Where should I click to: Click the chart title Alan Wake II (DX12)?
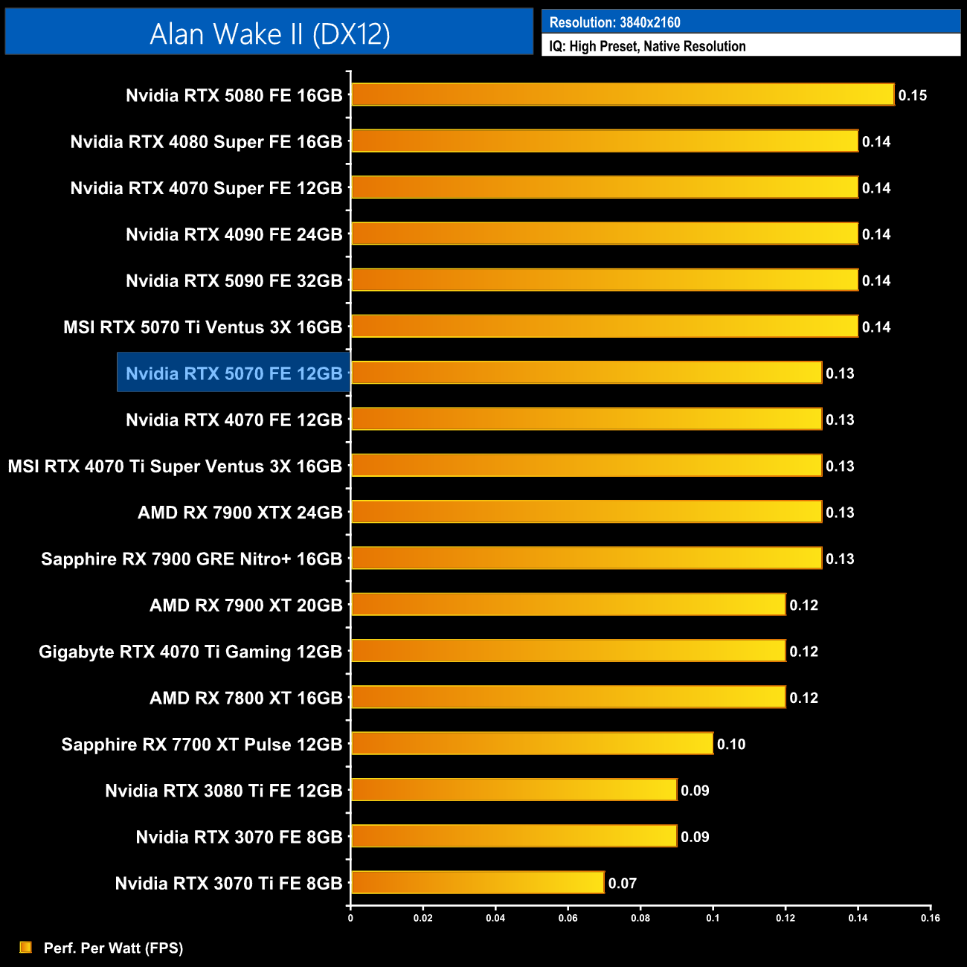[269, 33]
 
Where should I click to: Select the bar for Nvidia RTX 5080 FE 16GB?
[623, 94]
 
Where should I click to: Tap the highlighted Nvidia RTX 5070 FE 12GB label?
[234, 373]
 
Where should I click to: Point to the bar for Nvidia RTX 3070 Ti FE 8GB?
[478, 883]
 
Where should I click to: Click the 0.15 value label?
[912, 95]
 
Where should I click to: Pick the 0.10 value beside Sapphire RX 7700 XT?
[730, 745]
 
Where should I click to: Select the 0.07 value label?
[622, 884]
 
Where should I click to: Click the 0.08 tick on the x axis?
[640, 918]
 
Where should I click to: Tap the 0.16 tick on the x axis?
[930, 918]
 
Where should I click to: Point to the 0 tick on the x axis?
[350, 918]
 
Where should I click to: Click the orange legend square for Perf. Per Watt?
[26, 947]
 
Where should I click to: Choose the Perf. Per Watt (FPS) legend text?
[113, 948]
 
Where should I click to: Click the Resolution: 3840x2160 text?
[614, 22]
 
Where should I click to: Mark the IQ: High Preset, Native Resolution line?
[647, 46]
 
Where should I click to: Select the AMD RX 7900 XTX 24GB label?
[240, 513]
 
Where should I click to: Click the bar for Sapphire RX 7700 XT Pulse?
[532, 743]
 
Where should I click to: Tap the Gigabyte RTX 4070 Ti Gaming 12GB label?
[190, 652]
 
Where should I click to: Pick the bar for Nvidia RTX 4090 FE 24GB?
[604, 234]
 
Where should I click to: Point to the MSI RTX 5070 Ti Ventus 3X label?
[202, 327]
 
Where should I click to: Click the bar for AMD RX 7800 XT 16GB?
[568, 697]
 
